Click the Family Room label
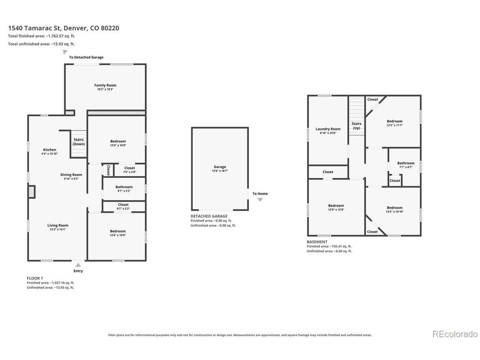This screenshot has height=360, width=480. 105,85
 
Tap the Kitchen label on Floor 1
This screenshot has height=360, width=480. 49,150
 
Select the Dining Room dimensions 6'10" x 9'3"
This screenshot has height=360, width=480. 71,178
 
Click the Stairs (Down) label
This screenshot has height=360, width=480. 78,142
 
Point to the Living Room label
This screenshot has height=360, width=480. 58,225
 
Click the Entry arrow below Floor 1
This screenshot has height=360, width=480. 78,265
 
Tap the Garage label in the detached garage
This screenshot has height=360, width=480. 220,167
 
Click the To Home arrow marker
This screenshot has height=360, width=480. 260,199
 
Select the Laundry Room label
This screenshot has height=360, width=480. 328,129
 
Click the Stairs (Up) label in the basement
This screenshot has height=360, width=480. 357,126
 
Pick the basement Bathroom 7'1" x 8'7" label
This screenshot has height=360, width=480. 406,165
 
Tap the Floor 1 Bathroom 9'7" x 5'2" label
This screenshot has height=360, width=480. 124,189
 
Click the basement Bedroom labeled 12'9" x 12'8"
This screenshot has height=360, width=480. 336,207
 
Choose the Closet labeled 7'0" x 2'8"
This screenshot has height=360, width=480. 129,169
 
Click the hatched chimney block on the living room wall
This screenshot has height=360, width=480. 32,192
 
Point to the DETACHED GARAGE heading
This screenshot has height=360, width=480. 209,216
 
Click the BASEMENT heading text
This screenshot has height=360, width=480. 317,242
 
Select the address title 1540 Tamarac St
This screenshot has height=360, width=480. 35,28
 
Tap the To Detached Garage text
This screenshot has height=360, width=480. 86,57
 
